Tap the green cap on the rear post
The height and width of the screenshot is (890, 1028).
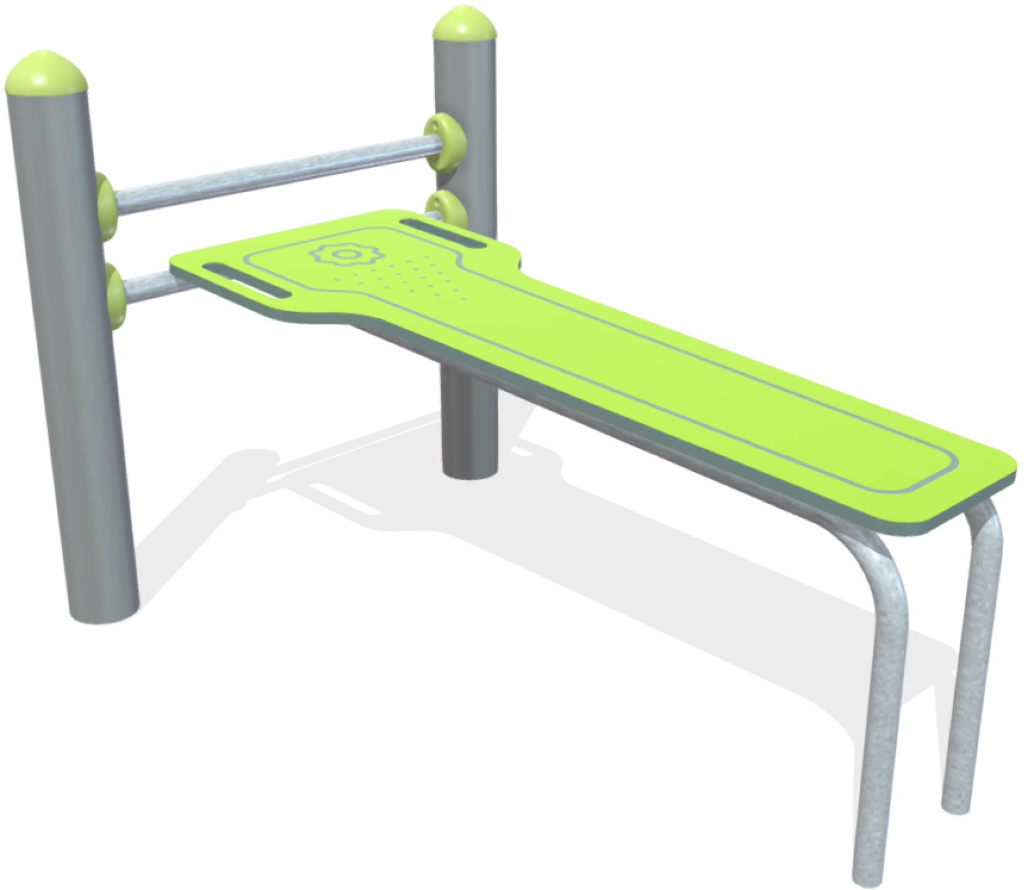pos(464,28)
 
